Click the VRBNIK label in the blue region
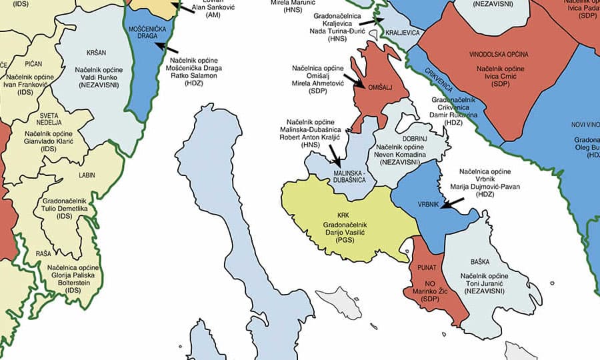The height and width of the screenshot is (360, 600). tap(427, 205)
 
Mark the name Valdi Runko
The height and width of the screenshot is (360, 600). tap(96, 77)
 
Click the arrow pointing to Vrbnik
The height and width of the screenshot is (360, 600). tap(455, 202)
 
